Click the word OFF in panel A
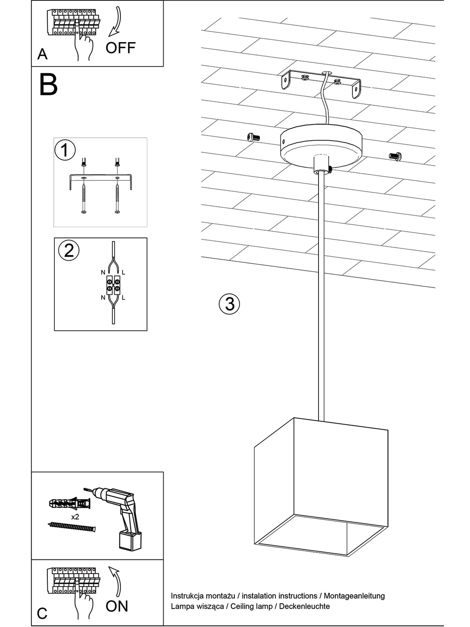120,48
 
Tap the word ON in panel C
117,606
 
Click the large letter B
48,85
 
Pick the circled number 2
69,250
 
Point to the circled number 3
229,304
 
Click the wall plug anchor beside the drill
69,503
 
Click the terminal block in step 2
113,285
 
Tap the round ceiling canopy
321,145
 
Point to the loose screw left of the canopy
253,137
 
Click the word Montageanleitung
354,596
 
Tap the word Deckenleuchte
304,606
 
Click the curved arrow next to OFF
116,22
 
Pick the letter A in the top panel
42,54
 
